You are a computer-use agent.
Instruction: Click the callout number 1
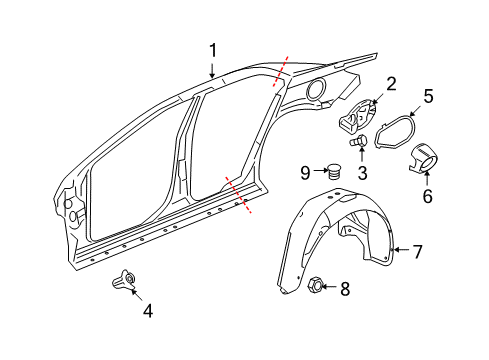click(x=213, y=49)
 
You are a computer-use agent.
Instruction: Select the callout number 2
click(x=391, y=84)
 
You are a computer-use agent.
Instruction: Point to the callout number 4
click(x=148, y=310)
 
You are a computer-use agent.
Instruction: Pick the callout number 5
click(x=427, y=97)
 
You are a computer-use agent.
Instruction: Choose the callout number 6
click(x=427, y=196)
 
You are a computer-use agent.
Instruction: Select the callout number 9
click(x=305, y=172)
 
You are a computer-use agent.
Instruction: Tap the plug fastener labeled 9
click(x=334, y=172)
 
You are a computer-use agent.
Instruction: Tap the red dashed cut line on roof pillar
click(x=279, y=71)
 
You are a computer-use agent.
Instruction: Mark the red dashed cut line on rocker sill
click(x=238, y=194)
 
